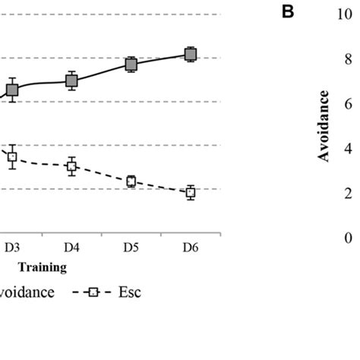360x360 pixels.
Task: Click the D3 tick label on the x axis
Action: [x=12, y=248]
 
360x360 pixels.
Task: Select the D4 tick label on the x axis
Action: [x=71, y=248]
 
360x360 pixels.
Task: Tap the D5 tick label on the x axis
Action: [x=131, y=248]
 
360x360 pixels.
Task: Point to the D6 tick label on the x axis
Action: [x=190, y=248]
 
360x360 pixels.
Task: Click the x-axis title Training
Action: [x=43, y=267]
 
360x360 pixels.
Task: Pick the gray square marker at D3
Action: [x=12, y=90]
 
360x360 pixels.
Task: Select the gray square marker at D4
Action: [x=71, y=81]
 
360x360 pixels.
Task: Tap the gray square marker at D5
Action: [x=131, y=65]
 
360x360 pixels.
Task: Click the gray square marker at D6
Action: [x=191, y=54]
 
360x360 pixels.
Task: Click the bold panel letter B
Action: [x=287, y=14]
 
